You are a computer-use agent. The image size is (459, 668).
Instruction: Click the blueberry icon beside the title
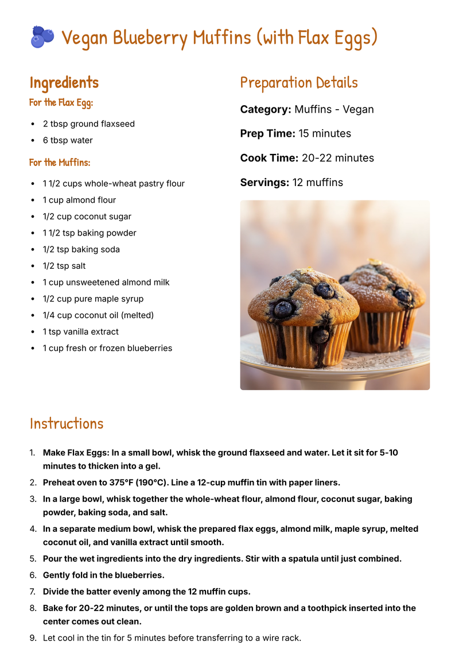click(42, 37)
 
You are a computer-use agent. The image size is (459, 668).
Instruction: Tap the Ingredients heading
click(64, 83)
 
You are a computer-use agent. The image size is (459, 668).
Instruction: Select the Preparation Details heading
click(299, 83)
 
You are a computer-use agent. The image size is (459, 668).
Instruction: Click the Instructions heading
click(67, 424)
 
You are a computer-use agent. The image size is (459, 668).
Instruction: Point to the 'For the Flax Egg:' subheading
click(61, 103)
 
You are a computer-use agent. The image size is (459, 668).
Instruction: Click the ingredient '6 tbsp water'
click(68, 140)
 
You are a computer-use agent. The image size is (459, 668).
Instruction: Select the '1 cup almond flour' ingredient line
click(79, 200)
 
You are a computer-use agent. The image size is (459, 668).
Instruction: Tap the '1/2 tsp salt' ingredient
click(64, 266)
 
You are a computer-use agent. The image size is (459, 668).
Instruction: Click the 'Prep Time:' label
click(267, 134)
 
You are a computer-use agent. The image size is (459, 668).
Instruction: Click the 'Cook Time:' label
click(269, 158)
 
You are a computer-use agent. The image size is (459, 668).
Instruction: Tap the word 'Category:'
click(266, 109)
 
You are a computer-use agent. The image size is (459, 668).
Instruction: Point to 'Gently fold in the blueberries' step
click(103, 575)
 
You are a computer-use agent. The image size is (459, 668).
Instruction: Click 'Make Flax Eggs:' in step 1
click(76, 453)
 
